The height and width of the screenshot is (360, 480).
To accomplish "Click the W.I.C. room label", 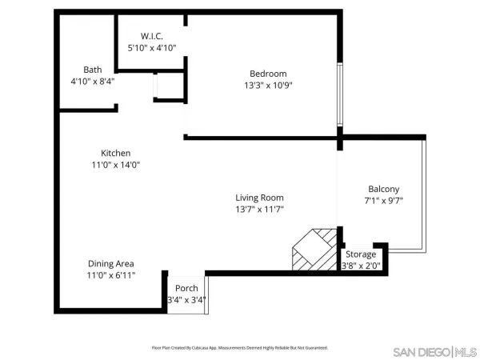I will pos(151,36).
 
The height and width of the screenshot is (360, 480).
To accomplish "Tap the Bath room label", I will pos(93,70).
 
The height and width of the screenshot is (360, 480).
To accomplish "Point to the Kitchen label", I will pos(115,153).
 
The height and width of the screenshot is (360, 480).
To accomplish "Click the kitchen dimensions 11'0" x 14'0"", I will pos(115,165).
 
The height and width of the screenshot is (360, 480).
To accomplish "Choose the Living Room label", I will pos(259,198).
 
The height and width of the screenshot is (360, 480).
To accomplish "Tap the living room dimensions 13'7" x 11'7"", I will pos(259,210).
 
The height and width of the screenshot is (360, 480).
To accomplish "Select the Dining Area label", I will pos(110,263).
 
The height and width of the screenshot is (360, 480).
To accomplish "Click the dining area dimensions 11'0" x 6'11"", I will pos(110,275).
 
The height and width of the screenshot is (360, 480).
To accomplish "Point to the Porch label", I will pos(186,288).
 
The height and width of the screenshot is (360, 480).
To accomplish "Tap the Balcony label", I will pos(385,189).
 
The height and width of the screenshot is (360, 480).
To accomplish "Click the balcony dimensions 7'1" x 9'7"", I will pos(385,201).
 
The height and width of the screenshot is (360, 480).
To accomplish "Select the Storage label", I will pos(361,254).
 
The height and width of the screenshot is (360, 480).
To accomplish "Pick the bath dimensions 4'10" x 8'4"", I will pos(93,81).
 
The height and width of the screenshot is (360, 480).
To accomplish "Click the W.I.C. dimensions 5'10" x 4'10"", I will pos(151,48).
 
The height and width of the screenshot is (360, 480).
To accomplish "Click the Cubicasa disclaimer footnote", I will pos(240,348).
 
